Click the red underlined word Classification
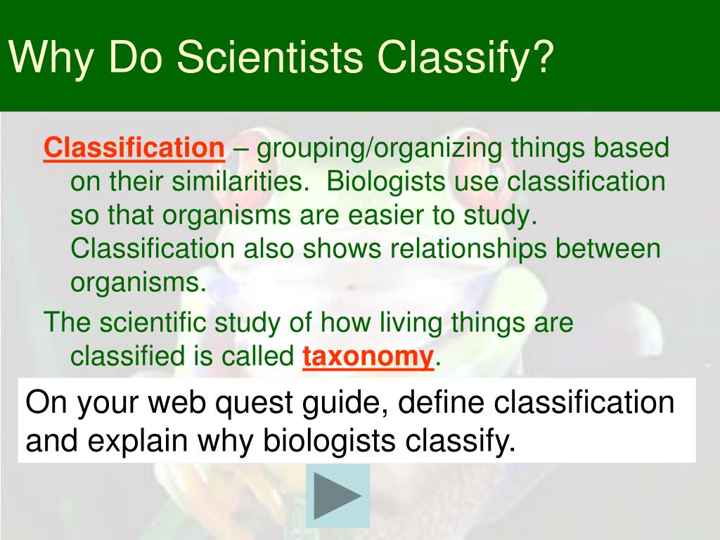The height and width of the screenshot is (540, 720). click(134, 148)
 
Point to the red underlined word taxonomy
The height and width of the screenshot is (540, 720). click(368, 356)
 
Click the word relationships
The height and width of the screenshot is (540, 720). click(468, 250)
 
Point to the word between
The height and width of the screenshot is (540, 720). click(608, 248)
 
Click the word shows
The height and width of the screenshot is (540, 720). click(342, 248)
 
